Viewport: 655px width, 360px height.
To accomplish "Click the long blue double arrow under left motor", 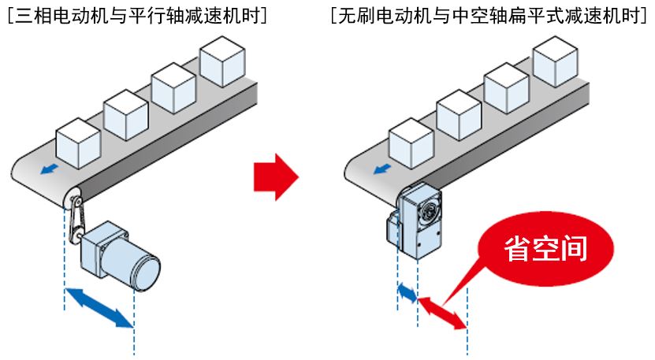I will point(99,308).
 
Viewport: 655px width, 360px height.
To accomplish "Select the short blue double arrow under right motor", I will point(408,293).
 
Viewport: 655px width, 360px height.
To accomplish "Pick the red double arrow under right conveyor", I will point(442,313).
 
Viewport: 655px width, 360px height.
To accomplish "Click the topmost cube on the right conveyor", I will point(556,59).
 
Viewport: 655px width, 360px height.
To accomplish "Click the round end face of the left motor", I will point(147,272).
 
